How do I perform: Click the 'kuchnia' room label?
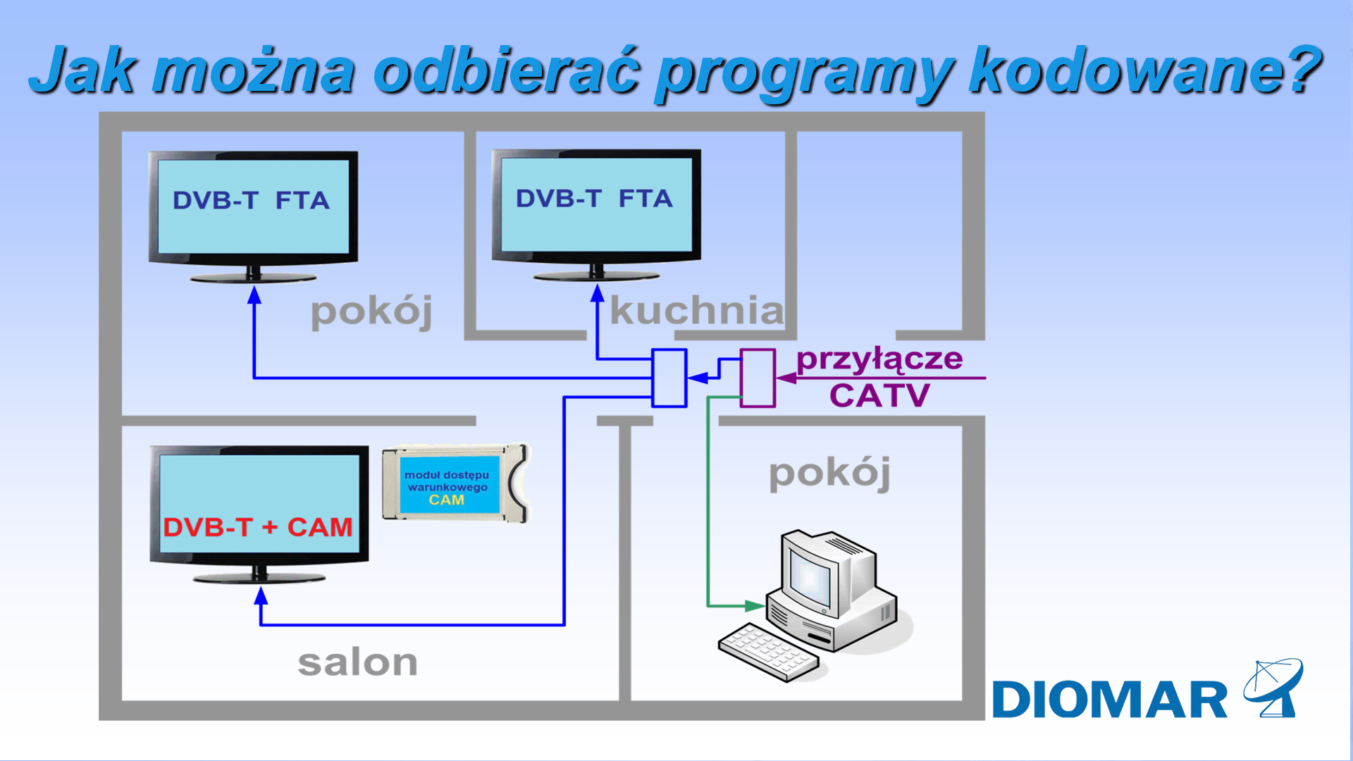click(696, 310)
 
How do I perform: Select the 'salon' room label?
click(357, 663)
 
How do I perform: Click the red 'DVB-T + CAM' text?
click(257, 527)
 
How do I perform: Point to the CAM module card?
click(455, 484)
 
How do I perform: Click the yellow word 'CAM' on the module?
click(446, 500)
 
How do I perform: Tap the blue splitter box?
click(669, 378)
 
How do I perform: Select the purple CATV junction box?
click(758, 378)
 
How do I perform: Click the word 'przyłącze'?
click(879, 359)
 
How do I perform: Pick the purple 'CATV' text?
click(879, 395)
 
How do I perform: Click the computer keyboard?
click(768, 652)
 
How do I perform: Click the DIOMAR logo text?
click(1109, 700)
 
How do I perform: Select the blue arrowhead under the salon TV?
click(261, 596)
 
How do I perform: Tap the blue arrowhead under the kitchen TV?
click(598, 293)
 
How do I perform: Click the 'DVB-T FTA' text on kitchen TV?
click(594, 199)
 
